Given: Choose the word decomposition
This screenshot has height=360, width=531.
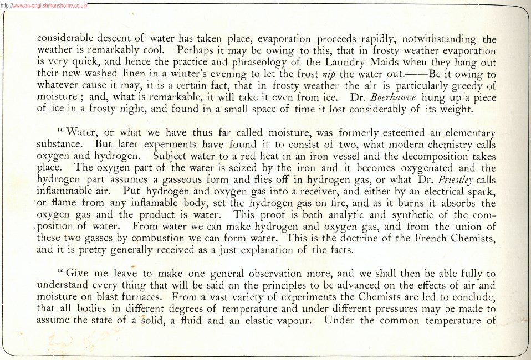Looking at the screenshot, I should [x=423, y=157].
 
